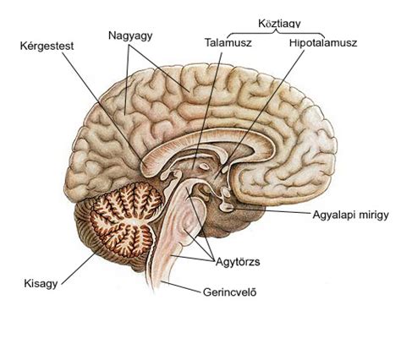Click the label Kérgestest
pos(47,46)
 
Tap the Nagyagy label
pos(130,35)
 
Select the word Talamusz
pos(228,43)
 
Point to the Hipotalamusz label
pos(323,43)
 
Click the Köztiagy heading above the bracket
pos(279,24)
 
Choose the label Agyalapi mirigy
pos(350,215)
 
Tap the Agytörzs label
pos(238,262)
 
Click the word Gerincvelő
pos(230,292)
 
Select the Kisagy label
pos(41,283)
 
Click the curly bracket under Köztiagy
pos(276,33)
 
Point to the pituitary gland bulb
pos(228,207)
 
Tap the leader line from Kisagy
pos(80,267)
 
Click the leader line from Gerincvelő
pos(181,286)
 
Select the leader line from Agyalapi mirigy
pos(272,211)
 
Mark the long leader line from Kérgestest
pos(103,107)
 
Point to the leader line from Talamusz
pos(207,111)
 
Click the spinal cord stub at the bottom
pos(157,277)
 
